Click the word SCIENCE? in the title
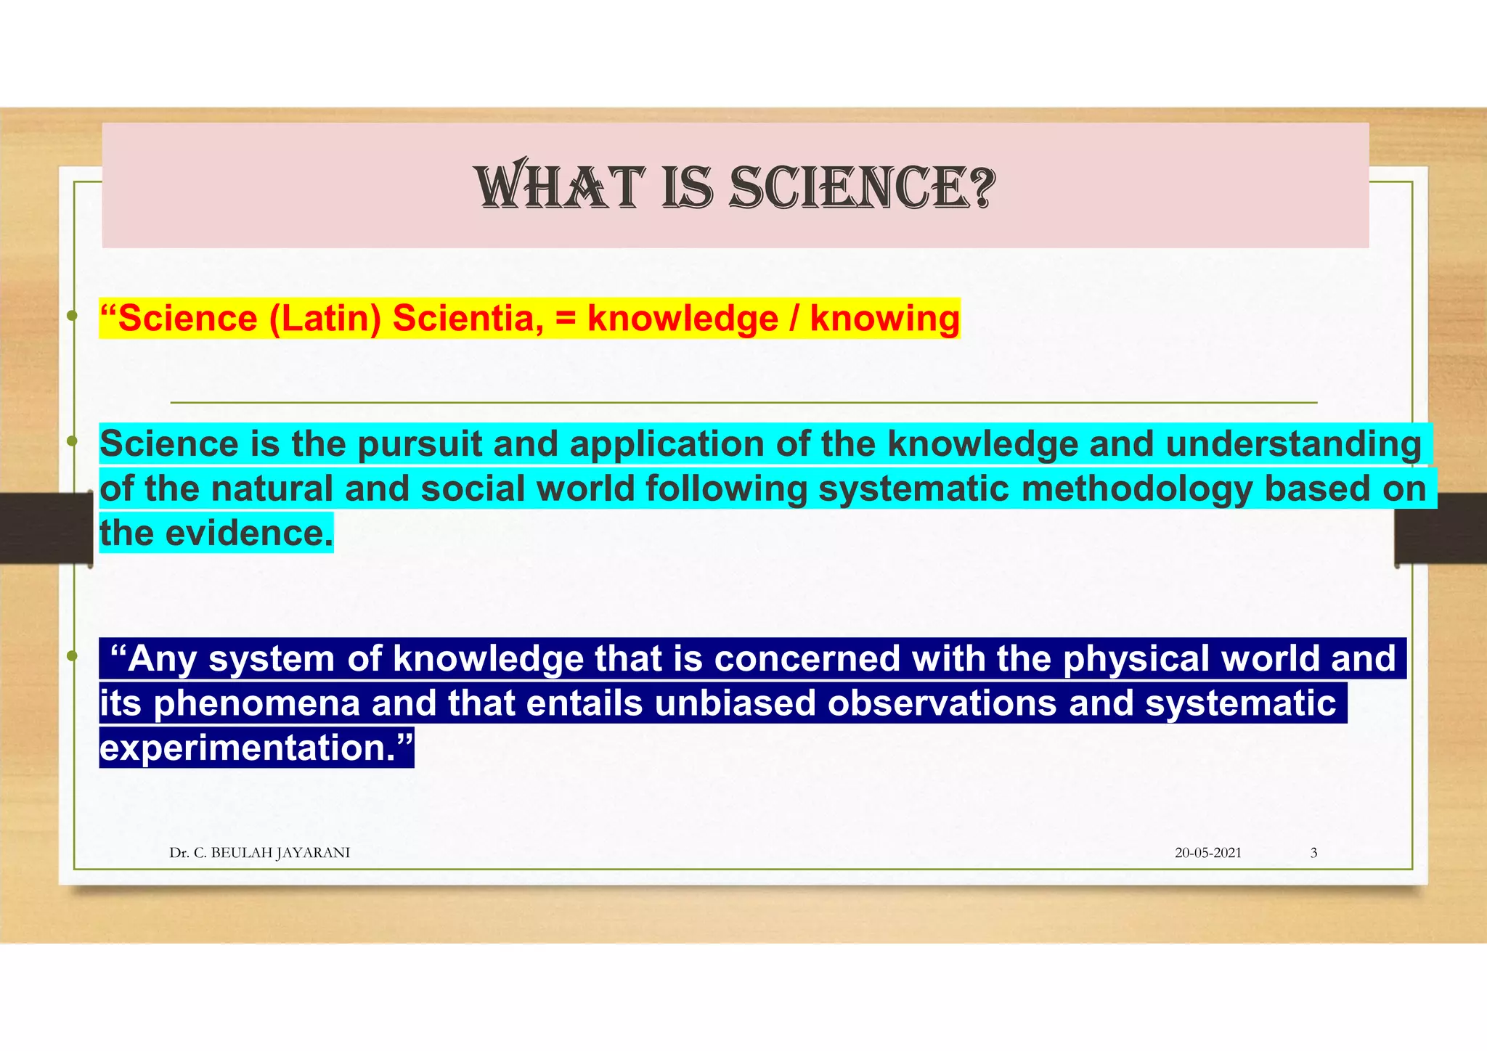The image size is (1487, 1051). coord(862,188)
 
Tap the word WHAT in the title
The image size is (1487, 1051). coord(559,188)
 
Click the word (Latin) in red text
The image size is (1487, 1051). coord(325,319)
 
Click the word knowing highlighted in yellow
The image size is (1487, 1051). coord(884,319)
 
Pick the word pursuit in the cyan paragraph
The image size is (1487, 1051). coord(419,444)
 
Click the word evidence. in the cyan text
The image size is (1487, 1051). coord(249,533)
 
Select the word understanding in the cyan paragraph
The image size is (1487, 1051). coord(1293,444)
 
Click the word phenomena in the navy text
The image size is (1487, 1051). coord(257,703)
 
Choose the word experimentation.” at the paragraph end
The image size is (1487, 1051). coord(256,748)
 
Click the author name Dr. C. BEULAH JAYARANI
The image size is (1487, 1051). coord(259,853)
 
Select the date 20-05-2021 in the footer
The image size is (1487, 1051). coord(1207,853)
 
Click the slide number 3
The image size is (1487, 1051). coord(1313,853)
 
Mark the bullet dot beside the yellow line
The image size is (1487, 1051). coord(71,316)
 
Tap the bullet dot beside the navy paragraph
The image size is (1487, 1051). coord(71,656)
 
